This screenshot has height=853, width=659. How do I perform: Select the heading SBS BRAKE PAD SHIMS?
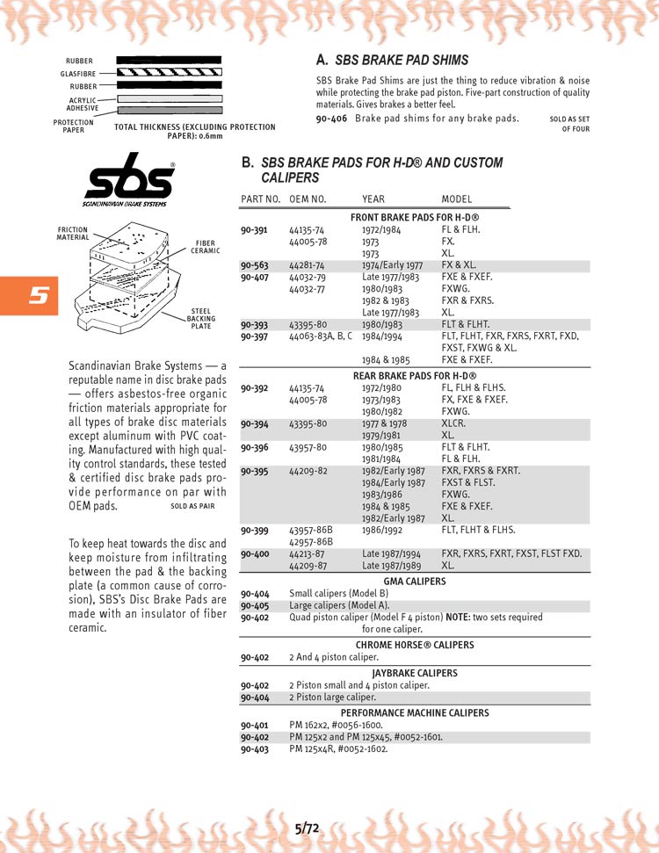tap(402, 61)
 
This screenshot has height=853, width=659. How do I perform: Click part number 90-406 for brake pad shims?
tap(332, 119)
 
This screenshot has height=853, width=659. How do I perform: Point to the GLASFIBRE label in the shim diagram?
tap(77, 74)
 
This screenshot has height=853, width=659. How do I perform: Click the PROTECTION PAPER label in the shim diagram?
tap(73, 127)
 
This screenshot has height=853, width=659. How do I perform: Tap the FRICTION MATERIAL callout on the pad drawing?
tap(73, 233)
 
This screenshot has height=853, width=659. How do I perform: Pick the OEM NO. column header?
tap(308, 199)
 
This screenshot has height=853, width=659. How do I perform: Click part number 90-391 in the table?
tap(254, 229)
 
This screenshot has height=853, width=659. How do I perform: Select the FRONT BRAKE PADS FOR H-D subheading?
tap(414, 217)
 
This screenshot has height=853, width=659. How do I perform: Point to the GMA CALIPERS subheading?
tap(414, 582)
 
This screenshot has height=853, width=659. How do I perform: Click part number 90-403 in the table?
tap(254, 748)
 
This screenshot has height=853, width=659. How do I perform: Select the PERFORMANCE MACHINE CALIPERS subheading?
tap(415, 712)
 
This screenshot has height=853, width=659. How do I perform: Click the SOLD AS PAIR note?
tap(192, 507)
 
